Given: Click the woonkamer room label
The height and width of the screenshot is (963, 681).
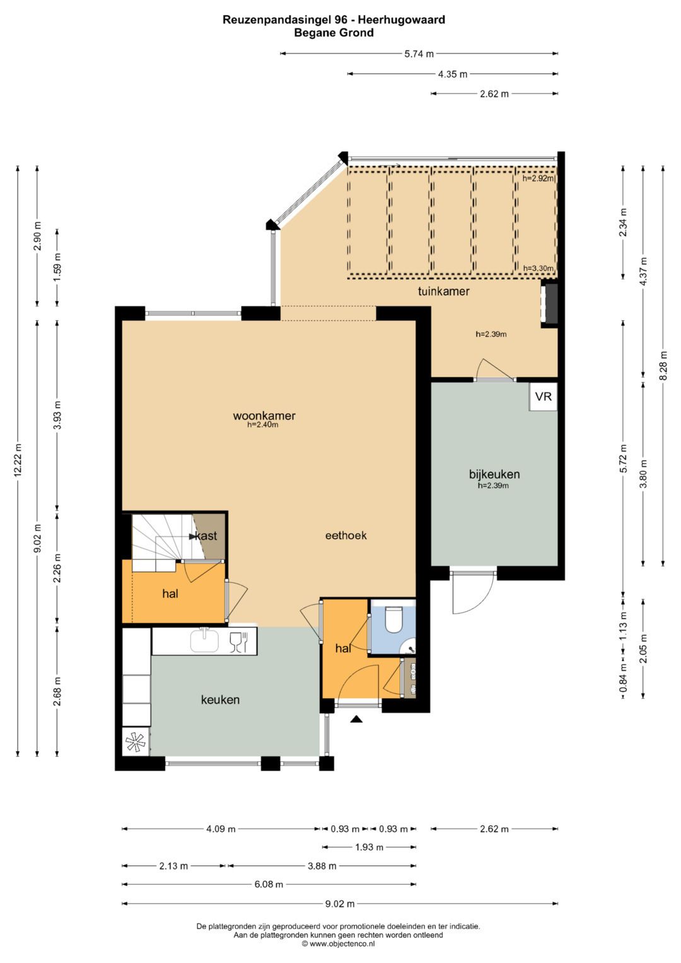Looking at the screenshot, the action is point(264,416).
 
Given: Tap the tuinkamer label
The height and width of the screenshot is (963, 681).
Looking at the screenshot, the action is point(444,291).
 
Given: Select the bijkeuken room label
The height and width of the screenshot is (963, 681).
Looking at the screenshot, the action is point(494,474).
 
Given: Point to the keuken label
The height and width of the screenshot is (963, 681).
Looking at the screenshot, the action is point(220,699).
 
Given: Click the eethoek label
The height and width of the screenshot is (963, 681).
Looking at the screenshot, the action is point(346,535).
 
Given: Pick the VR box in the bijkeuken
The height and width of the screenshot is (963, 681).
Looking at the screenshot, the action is point(544,397).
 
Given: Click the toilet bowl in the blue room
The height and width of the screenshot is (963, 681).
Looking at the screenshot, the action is point(392,619).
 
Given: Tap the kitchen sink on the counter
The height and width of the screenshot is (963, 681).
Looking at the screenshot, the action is point(205,641).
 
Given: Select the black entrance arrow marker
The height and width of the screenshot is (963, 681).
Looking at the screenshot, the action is point(356,718).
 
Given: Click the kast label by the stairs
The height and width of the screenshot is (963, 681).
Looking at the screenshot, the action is point(206,535).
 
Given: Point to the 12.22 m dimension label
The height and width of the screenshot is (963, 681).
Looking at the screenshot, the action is point(18,460).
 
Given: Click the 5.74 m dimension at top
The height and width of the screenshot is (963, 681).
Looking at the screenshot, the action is point(419,54).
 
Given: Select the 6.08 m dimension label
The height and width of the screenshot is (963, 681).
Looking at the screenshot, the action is point(268,884).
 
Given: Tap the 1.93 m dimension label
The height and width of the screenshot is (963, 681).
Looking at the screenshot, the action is point(369,848).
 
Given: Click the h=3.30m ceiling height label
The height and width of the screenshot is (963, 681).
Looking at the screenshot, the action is point(538,268).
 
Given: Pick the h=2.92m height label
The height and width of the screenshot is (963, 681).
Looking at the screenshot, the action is point(538,178).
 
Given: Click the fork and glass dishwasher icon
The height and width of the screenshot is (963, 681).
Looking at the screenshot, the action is point(238,642).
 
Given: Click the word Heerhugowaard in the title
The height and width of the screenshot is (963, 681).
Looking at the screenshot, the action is point(402,20).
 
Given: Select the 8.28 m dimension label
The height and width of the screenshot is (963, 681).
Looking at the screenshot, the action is point(663,365).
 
